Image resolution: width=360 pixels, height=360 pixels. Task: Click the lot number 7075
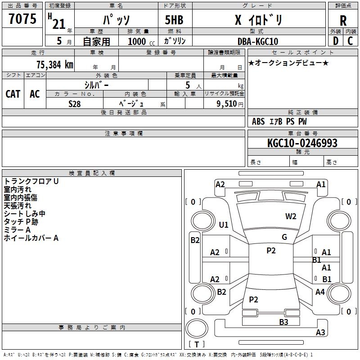(22, 19)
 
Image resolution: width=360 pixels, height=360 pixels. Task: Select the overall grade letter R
(343, 20)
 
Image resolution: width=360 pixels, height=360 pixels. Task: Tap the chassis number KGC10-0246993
(302, 143)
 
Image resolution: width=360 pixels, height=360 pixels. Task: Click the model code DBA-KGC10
(258, 41)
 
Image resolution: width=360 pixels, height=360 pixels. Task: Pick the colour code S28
(74, 103)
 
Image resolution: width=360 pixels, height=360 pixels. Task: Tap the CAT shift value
(13, 94)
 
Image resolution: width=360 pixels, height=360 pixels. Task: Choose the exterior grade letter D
(335, 41)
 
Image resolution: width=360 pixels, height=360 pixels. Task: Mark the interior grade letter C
(350, 41)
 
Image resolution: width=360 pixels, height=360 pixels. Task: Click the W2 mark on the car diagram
(291, 216)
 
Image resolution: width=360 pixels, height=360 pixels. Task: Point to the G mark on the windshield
(284, 237)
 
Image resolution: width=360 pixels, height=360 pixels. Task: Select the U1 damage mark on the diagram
(224, 225)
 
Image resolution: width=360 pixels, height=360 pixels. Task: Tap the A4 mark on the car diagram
(320, 292)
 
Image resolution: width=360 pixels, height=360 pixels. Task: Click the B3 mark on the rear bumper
(283, 322)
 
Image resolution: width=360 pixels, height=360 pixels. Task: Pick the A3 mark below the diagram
(320, 333)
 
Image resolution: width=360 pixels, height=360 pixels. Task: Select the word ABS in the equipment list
(258, 121)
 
